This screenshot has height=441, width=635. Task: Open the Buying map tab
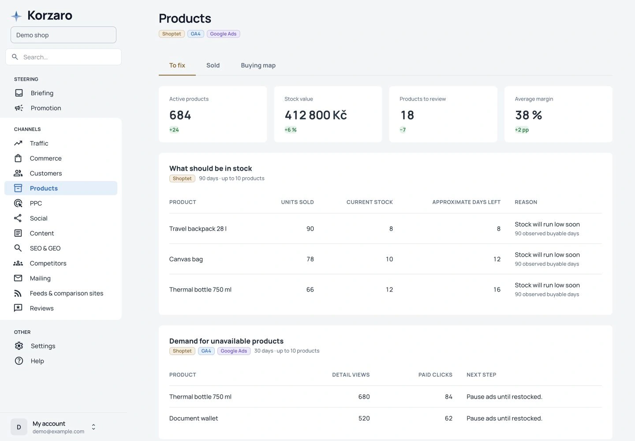(258, 65)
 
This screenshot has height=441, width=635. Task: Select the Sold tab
(213, 65)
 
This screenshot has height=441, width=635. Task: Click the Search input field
(63, 57)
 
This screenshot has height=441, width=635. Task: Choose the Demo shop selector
(63, 35)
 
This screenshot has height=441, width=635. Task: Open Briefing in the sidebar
(42, 93)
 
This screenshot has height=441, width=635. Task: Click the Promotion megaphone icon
(19, 108)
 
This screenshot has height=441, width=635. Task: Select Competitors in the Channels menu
(48, 263)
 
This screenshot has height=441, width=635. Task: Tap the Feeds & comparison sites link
(66, 293)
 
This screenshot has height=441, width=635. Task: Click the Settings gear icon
(19, 346)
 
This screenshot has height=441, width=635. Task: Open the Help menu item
(37, 361)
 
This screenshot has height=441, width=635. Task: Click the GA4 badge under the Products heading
(196, 34)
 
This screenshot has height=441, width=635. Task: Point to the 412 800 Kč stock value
(316, 115)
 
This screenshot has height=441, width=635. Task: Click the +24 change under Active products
(174, 130)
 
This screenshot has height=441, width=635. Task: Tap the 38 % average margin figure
(528, 115)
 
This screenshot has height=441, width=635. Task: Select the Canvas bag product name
(186, 259)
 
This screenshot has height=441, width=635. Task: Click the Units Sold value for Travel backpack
(310, 229)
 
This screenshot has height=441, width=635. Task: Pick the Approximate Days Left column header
(467, 202)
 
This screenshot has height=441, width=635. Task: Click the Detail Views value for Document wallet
(364, 419)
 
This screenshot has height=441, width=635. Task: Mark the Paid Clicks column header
(435, 375)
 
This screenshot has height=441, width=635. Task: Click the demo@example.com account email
(58, 431)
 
